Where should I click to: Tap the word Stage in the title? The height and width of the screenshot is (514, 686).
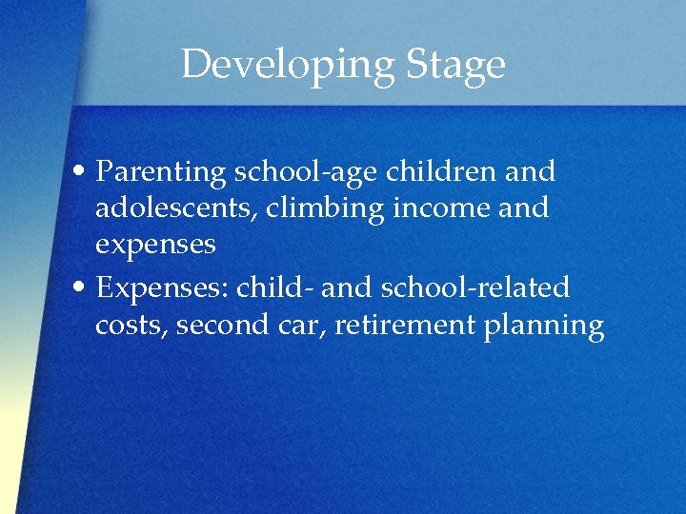455,65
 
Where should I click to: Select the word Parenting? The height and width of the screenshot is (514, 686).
163,172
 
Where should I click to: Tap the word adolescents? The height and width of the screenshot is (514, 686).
176,208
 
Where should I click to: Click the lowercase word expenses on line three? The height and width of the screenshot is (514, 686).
155,245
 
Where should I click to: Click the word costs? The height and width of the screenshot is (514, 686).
129,326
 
